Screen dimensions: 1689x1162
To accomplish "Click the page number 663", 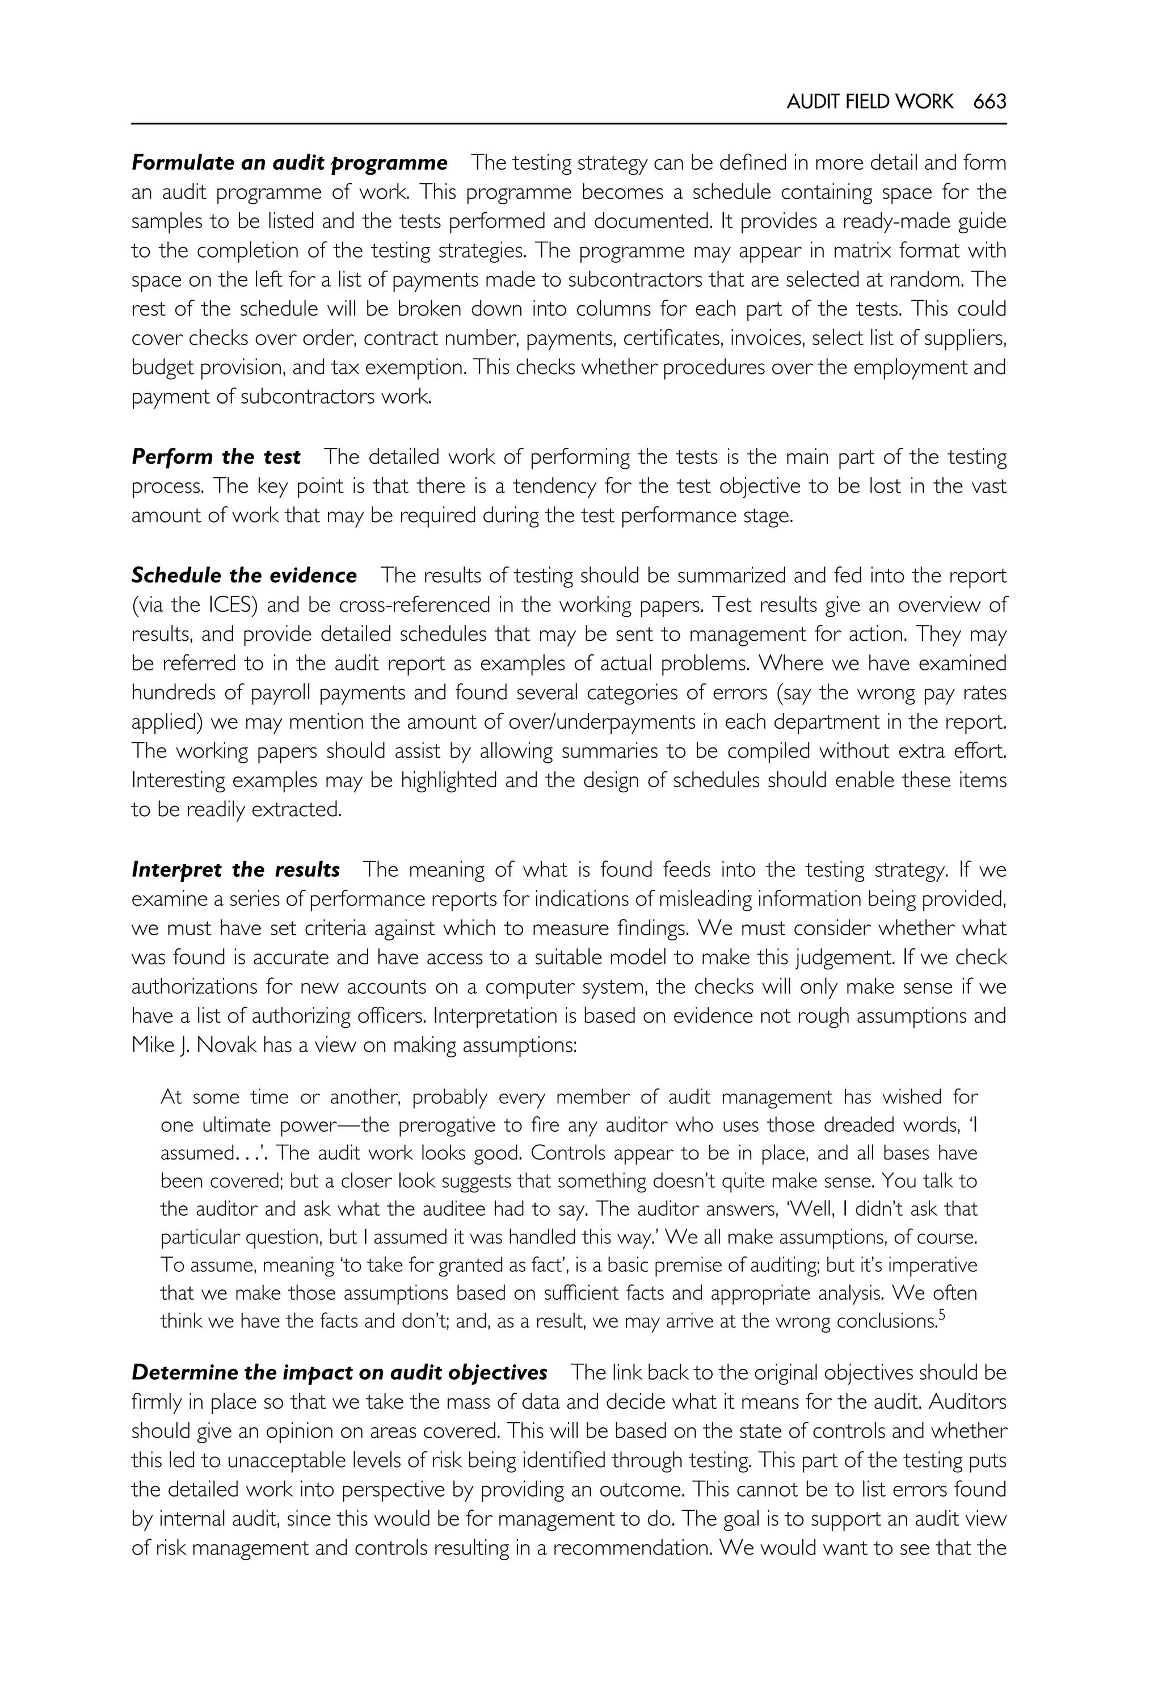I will point(989,102).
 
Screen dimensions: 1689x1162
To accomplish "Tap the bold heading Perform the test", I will point(216,457).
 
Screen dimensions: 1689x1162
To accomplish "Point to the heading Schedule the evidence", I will point(244,575).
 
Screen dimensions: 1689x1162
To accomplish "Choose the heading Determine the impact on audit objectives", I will point(339,1372).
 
